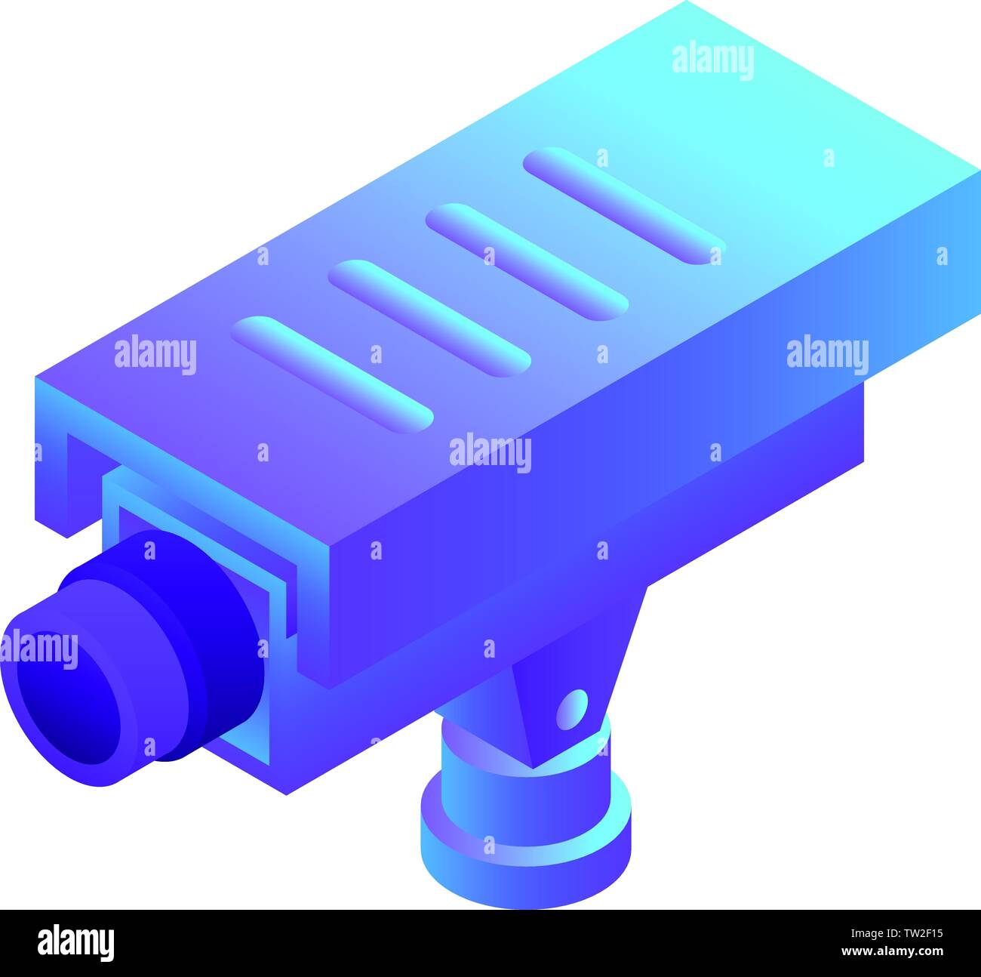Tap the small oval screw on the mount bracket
click(x=571, y=709)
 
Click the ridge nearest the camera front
click(x=332, y=371)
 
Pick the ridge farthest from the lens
click(x=624, y=205)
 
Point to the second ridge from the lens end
click(x=429, y=317)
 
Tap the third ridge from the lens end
click(x=526, y=260)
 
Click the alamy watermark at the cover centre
click(x=490, y=453)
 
